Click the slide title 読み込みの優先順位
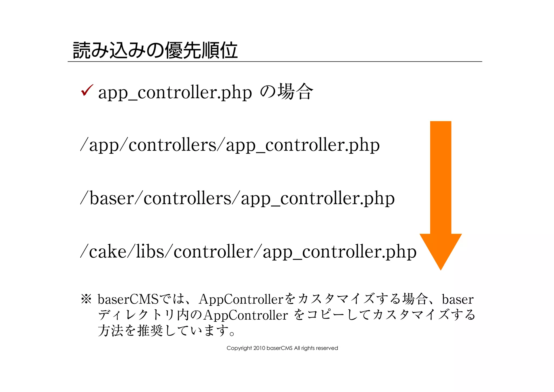pos(155,50)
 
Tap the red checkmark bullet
pos(87,90)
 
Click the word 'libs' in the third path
pos(150,251)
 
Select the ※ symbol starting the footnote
pos(86,299)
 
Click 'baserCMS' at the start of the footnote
pos(128,299)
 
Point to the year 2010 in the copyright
pos(259,348)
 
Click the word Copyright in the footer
pos(239,348)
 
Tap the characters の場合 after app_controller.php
pos(286,92)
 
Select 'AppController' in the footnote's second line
pos(246,315)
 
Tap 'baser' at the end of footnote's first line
pos(458,299)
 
